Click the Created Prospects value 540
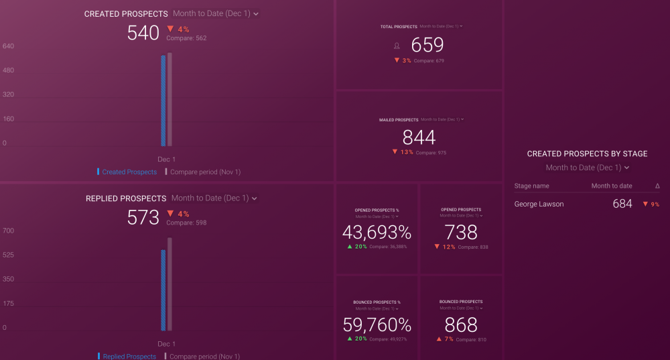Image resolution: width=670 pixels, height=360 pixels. (143, 33)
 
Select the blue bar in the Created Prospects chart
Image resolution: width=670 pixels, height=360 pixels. (163, 101)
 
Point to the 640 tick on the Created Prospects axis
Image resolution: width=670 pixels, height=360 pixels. (9, 46)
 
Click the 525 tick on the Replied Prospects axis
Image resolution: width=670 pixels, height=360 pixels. (9, 255)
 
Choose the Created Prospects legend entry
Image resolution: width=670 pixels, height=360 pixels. (129, 172)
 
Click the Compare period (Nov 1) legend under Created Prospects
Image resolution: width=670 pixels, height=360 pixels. (204, 172)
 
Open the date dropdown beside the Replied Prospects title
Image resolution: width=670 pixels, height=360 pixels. (214, 198)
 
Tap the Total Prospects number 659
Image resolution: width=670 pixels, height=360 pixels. (427, 45)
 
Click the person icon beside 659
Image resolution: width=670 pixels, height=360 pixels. (397, 46)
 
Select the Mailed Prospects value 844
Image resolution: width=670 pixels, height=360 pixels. (419, 137)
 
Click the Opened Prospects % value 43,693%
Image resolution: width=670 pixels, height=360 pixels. (377, 232)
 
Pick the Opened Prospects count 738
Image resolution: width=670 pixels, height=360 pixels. (461, 232)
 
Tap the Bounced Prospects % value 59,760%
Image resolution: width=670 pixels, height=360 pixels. (377, 325)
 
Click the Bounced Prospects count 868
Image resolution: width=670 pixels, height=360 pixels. (461, 325)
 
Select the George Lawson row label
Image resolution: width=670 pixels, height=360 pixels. (539, 204)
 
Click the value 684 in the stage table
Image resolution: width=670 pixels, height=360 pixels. (622, 204)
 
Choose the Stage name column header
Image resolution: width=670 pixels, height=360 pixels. (532, 186)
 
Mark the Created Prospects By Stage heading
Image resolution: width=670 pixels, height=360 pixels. (587, 154)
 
